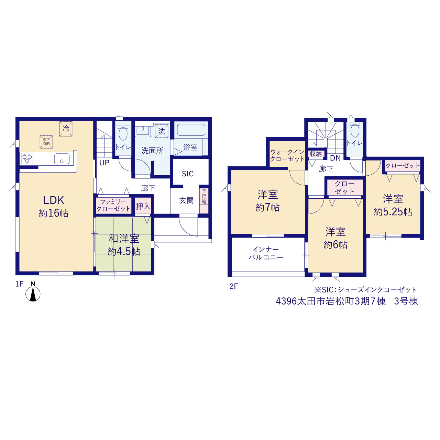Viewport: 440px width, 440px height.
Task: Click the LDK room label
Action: (x=54, y=200)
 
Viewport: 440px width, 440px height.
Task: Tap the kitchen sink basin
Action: (x=62, y=159)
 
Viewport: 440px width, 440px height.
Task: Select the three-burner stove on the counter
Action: (x=27, y=159)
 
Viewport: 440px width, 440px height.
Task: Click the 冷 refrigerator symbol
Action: (x=66, y=129)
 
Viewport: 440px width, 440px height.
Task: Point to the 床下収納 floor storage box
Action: (x=46, y=142)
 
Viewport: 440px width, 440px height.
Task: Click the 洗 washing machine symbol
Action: (x=162, y=131)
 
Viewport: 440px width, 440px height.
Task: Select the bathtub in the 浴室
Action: (x=191, y=130)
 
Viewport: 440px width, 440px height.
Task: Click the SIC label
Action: (x=188, y=174)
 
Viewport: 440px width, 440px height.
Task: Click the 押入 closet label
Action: (x=143, y=206)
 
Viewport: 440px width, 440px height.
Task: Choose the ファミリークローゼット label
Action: (x=113, y=205)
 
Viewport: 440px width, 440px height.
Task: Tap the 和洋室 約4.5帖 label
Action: (x=124, y=245)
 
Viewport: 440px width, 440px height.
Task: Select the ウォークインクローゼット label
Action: (x=287, y=155)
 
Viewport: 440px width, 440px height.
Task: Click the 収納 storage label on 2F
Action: (x=316, y=154)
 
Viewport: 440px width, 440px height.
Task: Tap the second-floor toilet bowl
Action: (x=355, y=131)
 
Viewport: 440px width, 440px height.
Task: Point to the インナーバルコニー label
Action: (x=266, y=253)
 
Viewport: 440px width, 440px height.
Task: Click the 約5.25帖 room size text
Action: (x=393, y=212)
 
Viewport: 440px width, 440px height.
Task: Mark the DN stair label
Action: (x=335, y=158)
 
